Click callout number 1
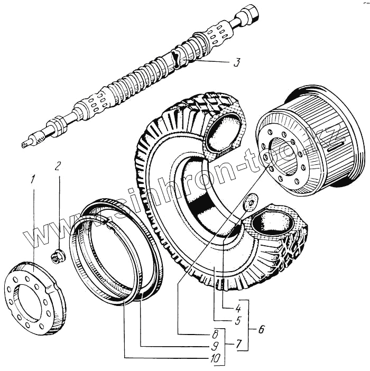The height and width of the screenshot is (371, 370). (x=33, y=180)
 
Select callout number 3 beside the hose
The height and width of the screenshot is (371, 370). (x=237, y=63)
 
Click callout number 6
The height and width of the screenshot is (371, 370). (x=262, y=330)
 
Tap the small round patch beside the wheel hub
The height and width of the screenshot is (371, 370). (x=250, y=202)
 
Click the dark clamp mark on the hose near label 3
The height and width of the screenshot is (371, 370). (x=178, y=59)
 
